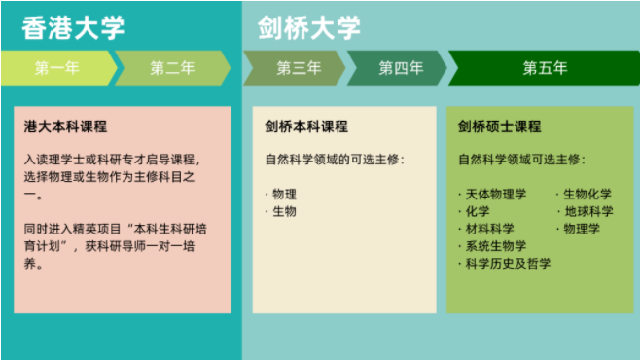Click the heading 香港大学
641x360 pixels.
(x=73, y=27)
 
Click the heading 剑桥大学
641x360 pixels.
(x=309, y=27)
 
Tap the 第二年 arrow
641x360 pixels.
(x=171, y=68)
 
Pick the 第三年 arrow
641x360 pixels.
(x=298, y=68)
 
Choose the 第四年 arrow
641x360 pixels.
(x=400, y=68)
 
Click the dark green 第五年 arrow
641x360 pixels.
(x=545, y=68)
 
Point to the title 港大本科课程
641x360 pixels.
(x=65, y=126)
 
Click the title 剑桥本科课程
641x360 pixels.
(x=306, y=126)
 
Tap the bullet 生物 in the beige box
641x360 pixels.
(x=284, y=211)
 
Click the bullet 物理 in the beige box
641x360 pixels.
(x=284, y=194)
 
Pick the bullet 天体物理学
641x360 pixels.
(x=495, y=194)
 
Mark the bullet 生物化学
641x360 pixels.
(x=587, y=194)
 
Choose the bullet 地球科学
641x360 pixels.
(x=587, y=211)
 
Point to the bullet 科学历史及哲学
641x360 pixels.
(x=507, y=264)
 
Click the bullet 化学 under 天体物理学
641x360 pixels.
(x=478, y=211)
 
